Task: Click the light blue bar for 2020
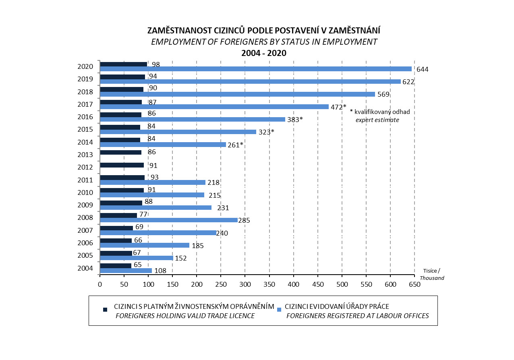point(255,69)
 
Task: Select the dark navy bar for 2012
point(122,165)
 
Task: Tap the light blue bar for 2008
point(168,220)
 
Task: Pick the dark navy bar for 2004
point(115,265)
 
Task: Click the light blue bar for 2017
point(214,107)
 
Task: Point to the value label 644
point(422,69)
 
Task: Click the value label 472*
point(338,107)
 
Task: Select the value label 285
point(245,220)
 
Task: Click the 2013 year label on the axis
point(85,155)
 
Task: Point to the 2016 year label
point(85,117)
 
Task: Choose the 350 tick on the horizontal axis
point(269,284)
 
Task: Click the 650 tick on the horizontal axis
point(415,284)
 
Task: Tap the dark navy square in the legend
point(105,310)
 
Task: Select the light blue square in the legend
point(278,310)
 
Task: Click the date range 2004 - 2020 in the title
point(263,53)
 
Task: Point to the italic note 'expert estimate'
point(377,120)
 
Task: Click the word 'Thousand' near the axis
point(432,278)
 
